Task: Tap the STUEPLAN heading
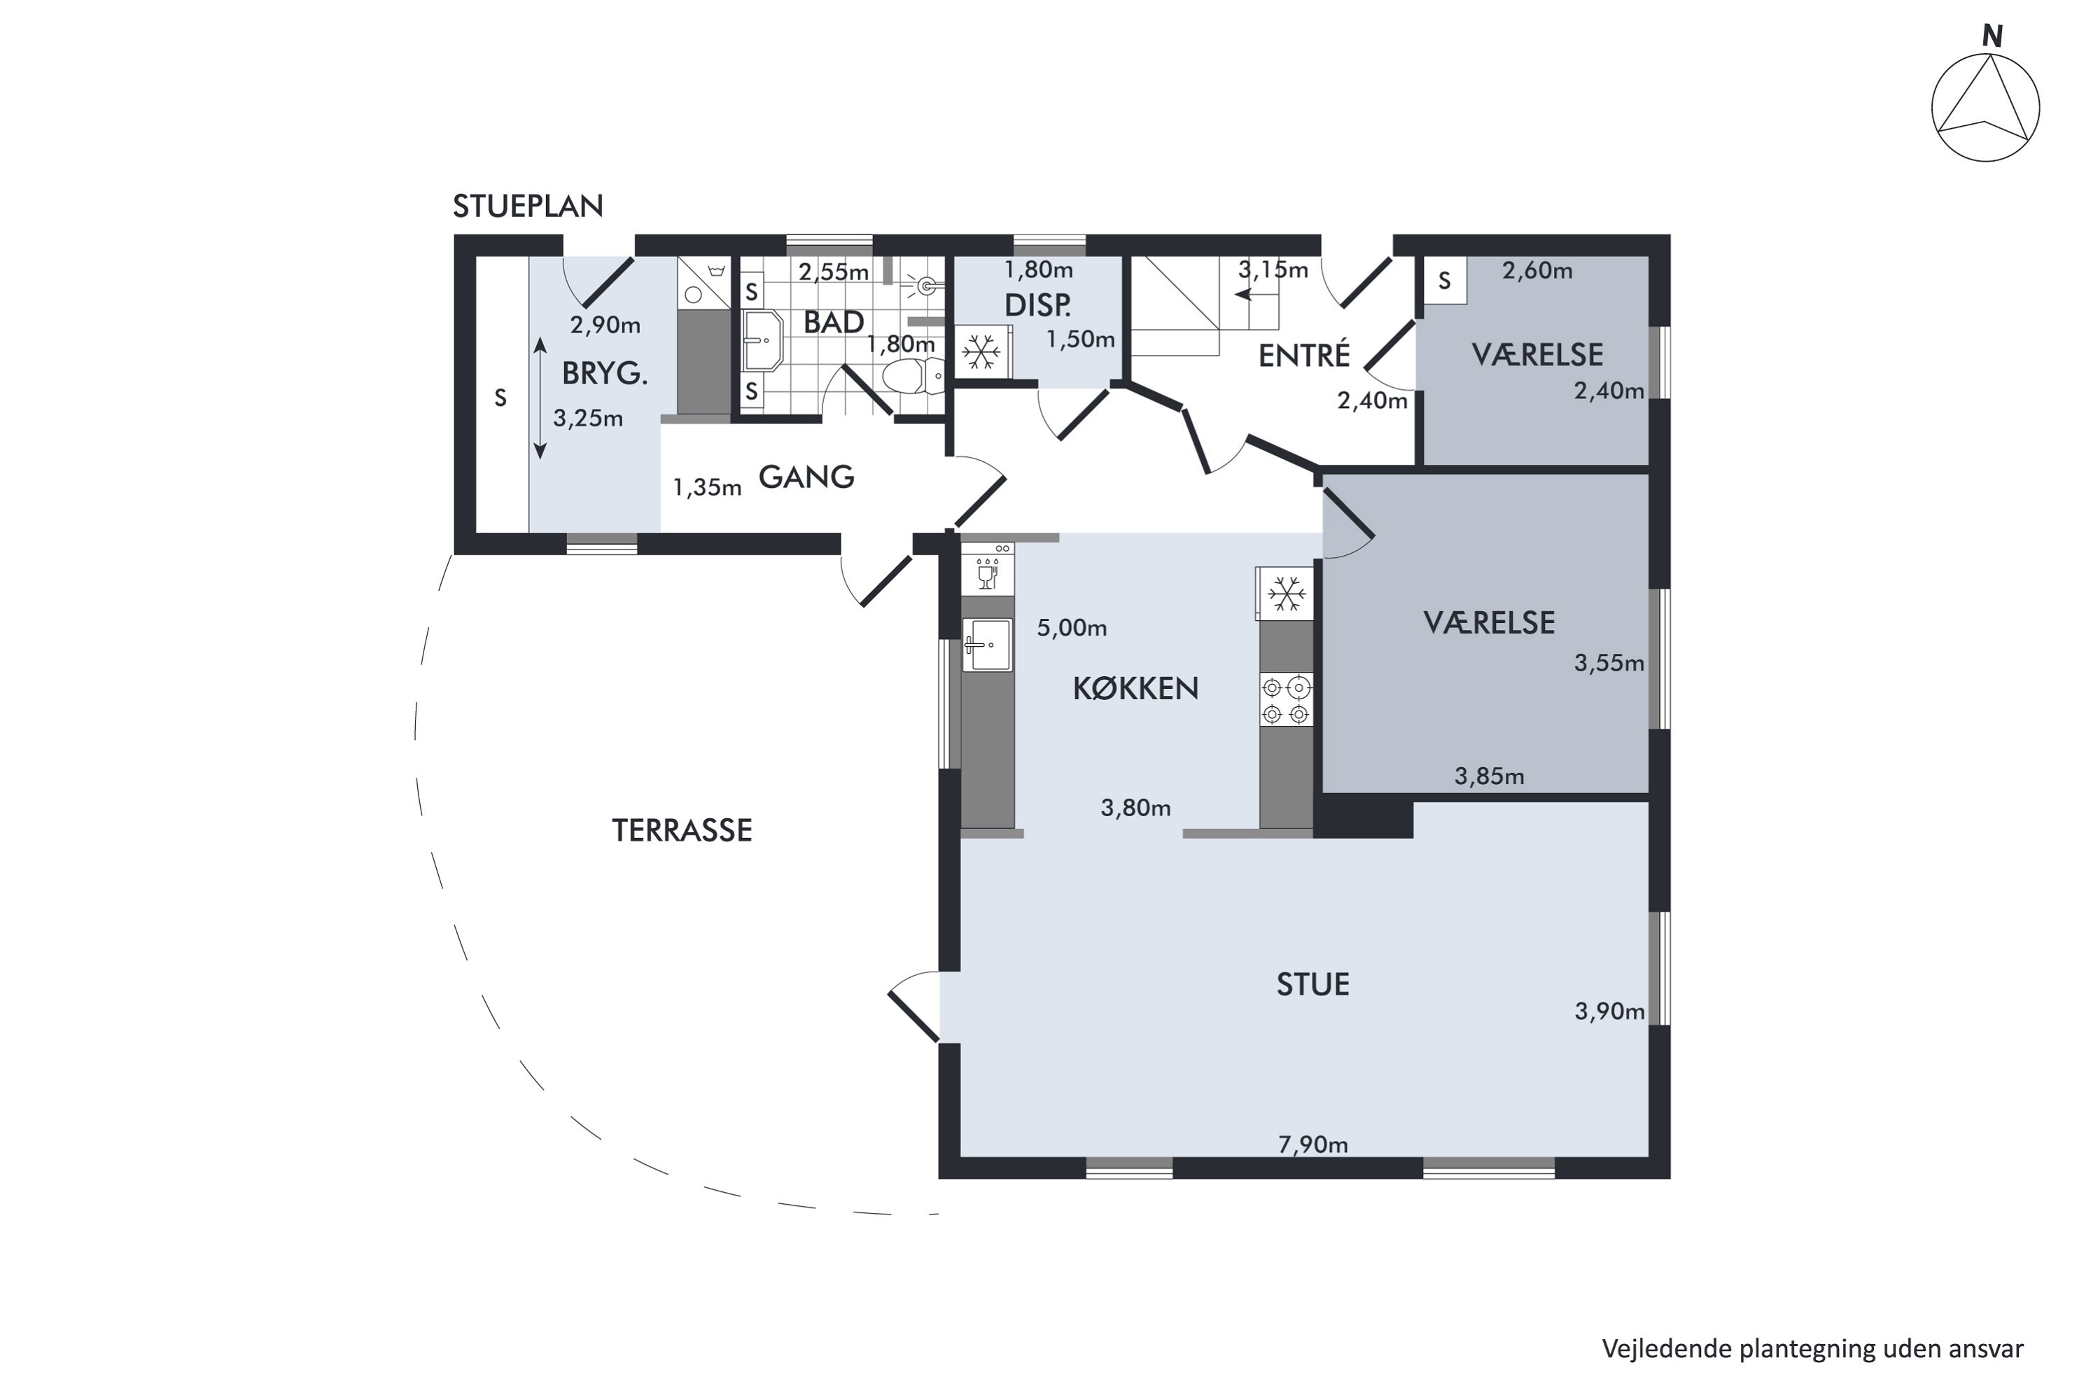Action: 528,206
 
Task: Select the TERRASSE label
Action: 682,830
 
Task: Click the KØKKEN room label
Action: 1135,687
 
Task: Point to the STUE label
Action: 1312,984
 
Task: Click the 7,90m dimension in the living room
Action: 1312,1144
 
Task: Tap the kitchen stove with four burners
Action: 1286,700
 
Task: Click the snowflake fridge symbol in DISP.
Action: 982,352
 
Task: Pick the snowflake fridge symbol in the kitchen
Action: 1286,593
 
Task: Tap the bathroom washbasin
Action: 762,340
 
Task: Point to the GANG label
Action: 806,477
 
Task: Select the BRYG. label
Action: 605,373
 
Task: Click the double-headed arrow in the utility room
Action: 539,398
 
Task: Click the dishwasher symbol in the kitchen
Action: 988,568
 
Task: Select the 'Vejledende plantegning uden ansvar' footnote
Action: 1812,1348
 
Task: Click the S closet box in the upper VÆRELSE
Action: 1443,281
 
